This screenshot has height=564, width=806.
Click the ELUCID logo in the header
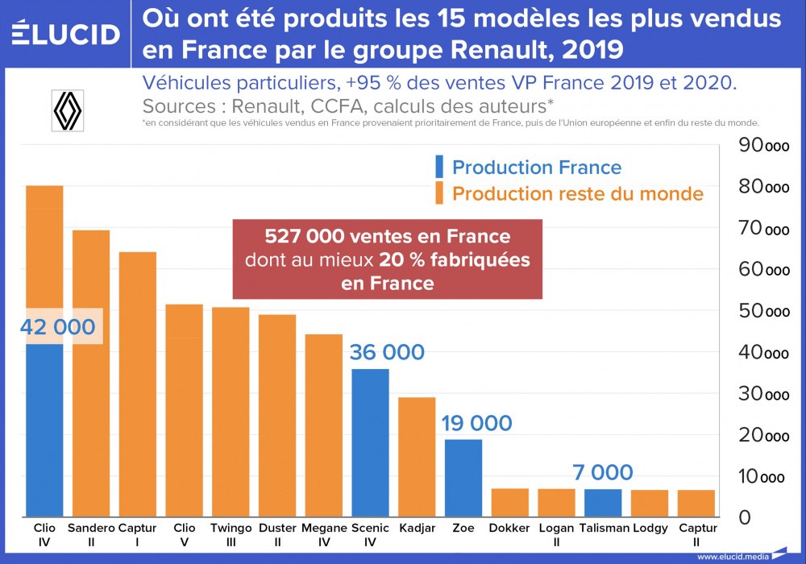[66, 33]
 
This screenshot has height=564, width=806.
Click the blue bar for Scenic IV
[371, 442]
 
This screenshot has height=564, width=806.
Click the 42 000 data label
[58, 327]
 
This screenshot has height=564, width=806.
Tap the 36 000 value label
[387, 352]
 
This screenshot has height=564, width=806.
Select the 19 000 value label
[476, 423]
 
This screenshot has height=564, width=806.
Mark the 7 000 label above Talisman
[603, 472]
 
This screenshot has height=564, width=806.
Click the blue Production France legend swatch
[439, 167]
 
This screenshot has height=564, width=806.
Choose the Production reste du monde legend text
[578, 193]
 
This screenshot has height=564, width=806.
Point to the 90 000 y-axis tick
[764, 146]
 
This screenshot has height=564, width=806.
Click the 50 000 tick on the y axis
[764, 311]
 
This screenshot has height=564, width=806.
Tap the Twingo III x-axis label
[231, 534]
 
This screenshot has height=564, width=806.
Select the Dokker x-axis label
[509, 529]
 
